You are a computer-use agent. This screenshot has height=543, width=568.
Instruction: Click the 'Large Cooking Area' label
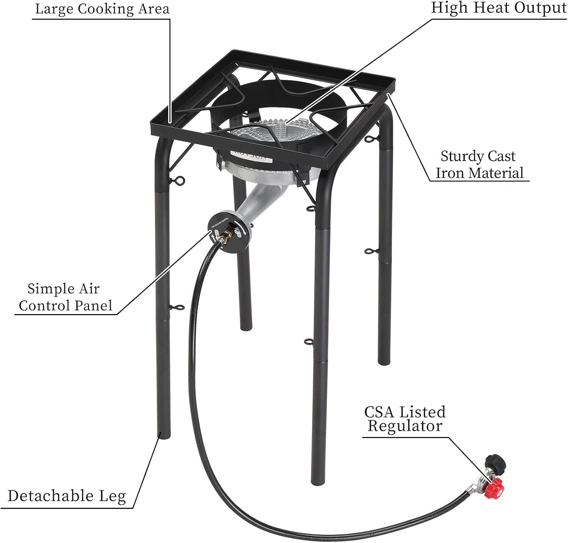click(x=102, y=9)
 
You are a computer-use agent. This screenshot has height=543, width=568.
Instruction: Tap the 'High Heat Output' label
click(x=499, y=8)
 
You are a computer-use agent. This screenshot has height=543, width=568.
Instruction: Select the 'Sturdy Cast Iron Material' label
click(x=479, y=164)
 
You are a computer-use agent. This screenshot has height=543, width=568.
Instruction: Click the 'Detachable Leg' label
click(x=67, y=496)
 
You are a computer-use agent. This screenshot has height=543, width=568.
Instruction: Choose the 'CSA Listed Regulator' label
click(x=405, y=419)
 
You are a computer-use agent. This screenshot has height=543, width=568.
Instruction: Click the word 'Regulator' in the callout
click(x=405, y=426)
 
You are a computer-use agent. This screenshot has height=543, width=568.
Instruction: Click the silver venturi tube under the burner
click(x=257, y=201)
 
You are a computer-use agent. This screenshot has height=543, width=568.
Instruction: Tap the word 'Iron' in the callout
click(x=450, y=173)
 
